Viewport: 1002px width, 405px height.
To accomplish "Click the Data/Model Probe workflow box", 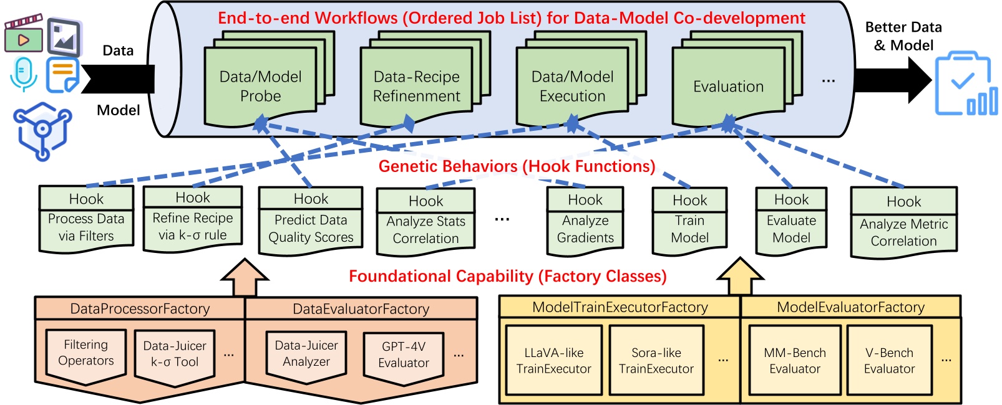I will (261, 86).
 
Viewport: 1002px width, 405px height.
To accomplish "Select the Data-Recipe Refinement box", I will (416, 86).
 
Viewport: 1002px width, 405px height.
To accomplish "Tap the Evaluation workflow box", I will (728, 86).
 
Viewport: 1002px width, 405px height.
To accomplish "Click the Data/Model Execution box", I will (572, 86).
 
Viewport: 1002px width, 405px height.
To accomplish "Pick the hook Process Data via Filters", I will (86, 219).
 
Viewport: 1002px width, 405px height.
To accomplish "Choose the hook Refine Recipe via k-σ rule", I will (193, 219).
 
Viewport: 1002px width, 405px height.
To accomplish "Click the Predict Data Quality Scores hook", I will (311, 221).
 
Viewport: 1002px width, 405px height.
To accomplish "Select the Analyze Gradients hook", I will (585, 222).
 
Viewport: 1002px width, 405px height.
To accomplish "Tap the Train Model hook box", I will (689, 222).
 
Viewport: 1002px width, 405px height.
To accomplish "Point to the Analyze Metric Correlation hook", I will (903, 223).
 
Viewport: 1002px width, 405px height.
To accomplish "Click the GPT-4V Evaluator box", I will (404, 355).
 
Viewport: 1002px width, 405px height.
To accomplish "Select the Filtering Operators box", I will (86, 353).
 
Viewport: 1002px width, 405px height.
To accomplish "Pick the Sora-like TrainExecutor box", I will (656, 361).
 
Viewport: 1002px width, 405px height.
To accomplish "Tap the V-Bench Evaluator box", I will (889, 361).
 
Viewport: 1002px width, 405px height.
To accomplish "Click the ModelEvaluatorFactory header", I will (850, 307).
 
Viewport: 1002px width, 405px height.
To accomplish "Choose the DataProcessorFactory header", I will (140, 308).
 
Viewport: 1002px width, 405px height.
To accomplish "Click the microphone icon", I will (24, 74).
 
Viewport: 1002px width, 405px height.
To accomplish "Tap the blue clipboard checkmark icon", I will (965, 84).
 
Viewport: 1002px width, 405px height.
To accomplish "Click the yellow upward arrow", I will (740, 277).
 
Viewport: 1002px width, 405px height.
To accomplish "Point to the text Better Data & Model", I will (903, 36).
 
